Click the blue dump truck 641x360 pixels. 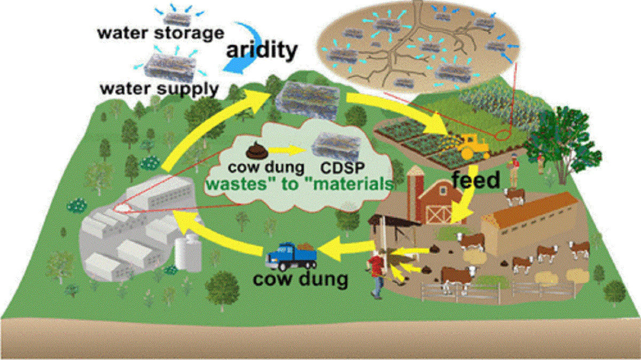[x=291, y=255]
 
